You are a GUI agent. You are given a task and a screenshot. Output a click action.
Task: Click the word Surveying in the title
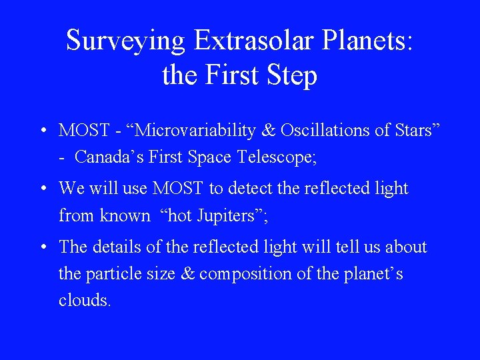click(x=125, y=41)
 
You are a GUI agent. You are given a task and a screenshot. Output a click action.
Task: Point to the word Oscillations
click(x=321, y=131)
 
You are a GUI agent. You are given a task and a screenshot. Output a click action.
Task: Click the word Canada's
click(x=106, y=157)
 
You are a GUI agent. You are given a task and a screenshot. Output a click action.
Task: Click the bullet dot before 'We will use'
click(x=41, y=189)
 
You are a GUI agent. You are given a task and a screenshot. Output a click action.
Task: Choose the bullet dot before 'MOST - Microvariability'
click(x=41, y=131)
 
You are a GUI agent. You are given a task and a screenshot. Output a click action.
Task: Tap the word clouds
click(x=84, y=301)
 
